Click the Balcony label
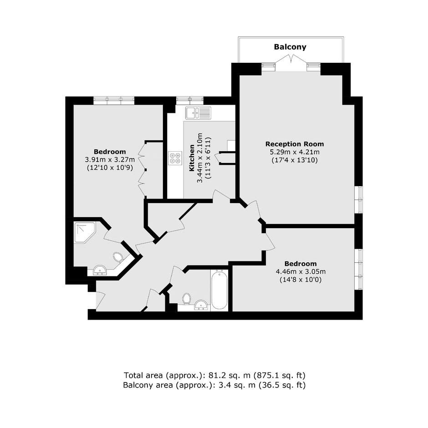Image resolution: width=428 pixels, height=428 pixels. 290,47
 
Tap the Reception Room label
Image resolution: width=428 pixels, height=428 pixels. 295,144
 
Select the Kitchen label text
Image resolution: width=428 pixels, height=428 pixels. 192,158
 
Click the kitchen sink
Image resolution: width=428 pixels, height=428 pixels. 198,113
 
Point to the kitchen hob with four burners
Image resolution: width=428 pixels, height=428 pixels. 175,158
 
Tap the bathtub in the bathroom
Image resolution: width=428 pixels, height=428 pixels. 219,290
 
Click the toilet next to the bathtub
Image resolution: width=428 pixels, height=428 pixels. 187,299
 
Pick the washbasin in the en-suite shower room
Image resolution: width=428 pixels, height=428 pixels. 100,270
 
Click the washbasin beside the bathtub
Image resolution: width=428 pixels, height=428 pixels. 201,305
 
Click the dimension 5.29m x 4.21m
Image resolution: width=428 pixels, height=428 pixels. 295,152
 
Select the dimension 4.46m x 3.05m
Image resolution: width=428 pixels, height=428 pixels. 301,271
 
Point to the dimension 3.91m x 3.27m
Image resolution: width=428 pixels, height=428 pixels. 110,159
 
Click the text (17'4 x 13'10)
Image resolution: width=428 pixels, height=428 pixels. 295,160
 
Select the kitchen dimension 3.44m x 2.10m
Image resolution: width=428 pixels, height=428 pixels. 200,158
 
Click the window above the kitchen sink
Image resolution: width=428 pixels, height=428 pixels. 190,101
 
